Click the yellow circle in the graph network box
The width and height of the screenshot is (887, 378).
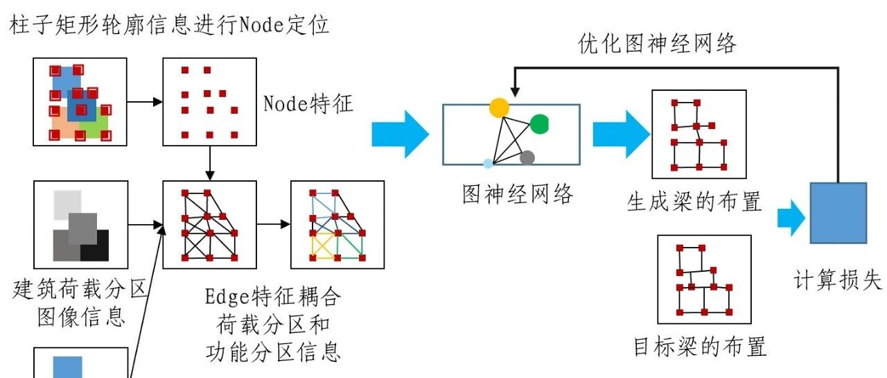coord(499,108)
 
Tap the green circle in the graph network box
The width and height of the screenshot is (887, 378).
coord(539,124)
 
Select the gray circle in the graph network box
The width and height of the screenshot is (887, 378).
coord(527,157)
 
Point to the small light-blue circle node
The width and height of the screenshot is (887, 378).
coord(488,164)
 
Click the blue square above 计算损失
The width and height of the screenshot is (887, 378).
coord(838,213)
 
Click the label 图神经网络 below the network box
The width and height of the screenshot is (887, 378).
coord(518,194)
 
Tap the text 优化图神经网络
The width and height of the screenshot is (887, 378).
coord(657,44)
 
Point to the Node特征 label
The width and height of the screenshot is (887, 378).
coord(308,105)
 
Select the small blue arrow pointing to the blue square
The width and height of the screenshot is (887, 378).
coord(791,218)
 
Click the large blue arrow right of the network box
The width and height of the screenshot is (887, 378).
coord(619,134)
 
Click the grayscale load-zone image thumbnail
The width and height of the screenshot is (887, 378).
coord(81,225)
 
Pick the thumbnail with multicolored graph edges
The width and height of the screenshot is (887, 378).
coord(337,225)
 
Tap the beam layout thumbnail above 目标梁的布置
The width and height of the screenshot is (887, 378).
coord(704,279)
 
